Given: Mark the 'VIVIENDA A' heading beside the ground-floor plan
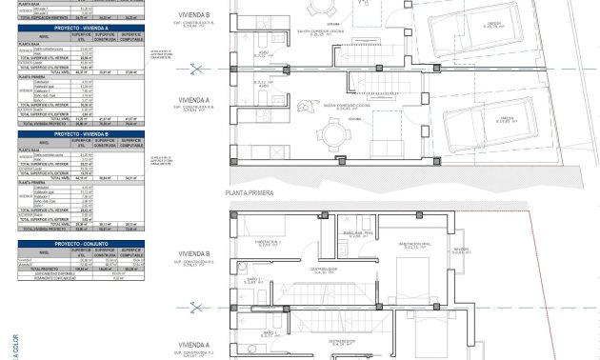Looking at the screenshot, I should point(194,99).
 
